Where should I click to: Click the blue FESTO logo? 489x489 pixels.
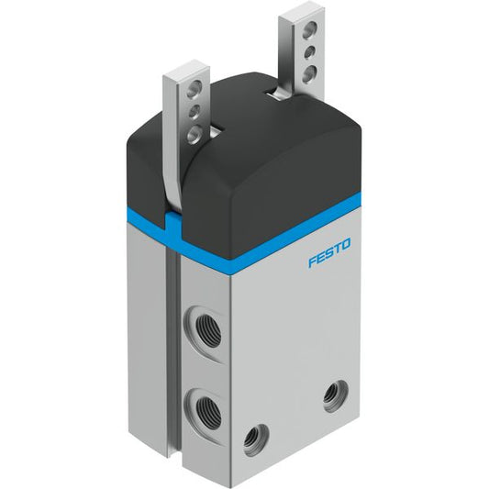pyautogui.click(x=329, y=252)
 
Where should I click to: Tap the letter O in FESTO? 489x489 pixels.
pyautogui.click(x=346, y=244)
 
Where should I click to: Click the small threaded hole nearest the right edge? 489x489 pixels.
pyautogui.click(x=335, y=395)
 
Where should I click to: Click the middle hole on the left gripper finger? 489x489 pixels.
pyautogui.click(x=194, y=112)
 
